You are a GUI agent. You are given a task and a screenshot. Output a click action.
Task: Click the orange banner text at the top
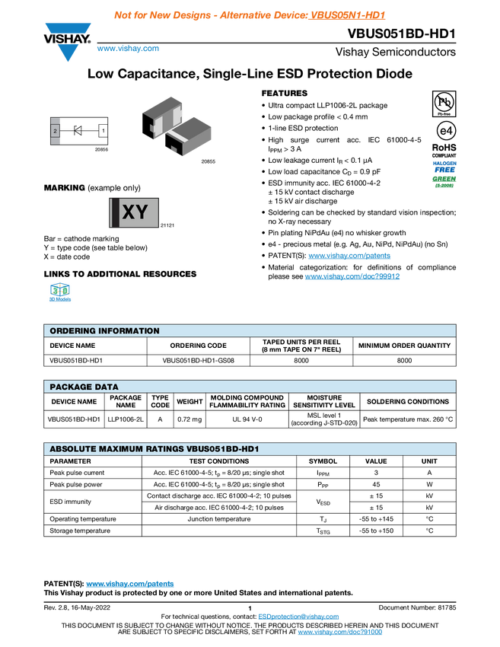click(250, 14)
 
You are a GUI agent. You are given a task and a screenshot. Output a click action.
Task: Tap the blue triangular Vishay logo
click(68, 52)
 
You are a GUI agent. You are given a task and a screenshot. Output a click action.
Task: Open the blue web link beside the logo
click(128, 49)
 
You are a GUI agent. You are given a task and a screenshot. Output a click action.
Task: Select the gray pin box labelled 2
click(55, 131)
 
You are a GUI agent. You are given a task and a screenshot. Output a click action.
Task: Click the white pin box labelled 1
click(104, 130)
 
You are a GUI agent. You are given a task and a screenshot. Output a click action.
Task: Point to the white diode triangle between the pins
click(78, 131)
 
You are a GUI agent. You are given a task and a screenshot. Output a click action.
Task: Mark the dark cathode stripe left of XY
click(113, 212)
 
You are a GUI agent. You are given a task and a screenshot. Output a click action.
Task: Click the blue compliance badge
click(444, 165)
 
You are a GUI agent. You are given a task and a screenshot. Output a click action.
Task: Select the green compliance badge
click(444, 181)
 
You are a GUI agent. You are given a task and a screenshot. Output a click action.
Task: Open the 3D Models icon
click(59, 294)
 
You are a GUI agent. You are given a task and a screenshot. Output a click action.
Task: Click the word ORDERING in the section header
click(73, 331)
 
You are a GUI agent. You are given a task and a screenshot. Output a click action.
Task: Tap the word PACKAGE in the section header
click(69, 387)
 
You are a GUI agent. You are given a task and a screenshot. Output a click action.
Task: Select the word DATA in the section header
click(105, 387)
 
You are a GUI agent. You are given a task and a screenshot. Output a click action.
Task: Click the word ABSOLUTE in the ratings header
click(72, 450)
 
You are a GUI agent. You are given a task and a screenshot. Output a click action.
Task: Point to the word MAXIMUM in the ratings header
click(120, 450)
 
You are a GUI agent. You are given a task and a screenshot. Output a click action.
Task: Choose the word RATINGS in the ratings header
click(165, 450)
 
